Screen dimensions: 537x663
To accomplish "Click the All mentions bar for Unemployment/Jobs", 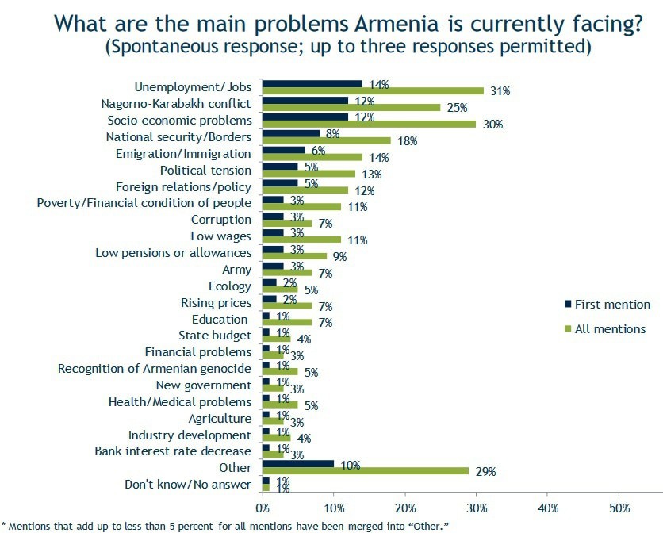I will pyautogui.click(x=373, y=90).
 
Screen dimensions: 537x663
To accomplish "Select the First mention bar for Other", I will pyautogui.click(x=297, y=463).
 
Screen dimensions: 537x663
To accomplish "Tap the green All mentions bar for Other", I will pyautogui.click(x=365, y=471).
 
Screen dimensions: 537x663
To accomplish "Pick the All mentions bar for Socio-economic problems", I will pyautogui.click(x=369, y=124).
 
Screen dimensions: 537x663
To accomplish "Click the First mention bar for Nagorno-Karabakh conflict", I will pyautogui.click(x=305, y=100).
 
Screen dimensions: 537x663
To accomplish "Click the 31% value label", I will pyautogui.click(x=500, y=91).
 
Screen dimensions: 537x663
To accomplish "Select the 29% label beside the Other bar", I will pyautogui.click(x=485, y=472).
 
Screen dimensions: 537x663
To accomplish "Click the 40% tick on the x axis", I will pyautogui.click(x=548, y=508).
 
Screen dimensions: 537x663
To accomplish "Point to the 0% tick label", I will pyautogui.click(x=262, y=508).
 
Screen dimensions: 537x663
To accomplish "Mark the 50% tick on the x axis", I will pyautogui.click(x=619, y=508).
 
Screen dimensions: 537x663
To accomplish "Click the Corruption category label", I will pyautogui.click(x=220, y=220).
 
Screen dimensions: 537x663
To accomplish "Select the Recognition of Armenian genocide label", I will pyautogui.click(x=155, y=368).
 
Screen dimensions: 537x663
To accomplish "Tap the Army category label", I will pyautogui.click(x=236, y=270).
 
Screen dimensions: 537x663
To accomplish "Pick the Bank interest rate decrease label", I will pyautogui.click(x=172, y=451).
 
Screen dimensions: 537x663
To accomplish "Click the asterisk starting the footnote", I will pyautogui.click(x=3, y=524).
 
